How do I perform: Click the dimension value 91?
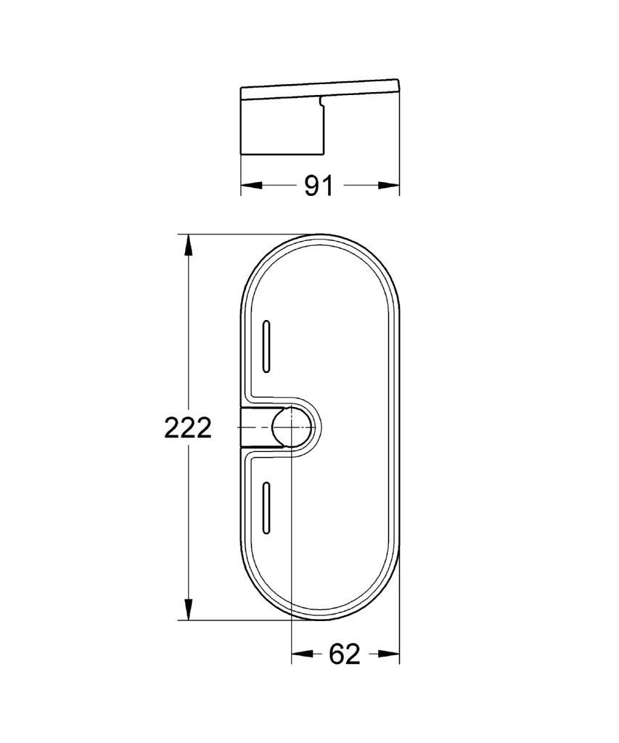(x=318, y=186)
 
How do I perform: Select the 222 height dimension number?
(x=188, y=428)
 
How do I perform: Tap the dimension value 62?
(x=345, y=654)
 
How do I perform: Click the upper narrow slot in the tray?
(x=266, y=347)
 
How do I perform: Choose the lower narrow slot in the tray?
(x=266, y=508)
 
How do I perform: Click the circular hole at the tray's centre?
(x=290, y=427)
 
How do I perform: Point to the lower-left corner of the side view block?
(x=242, y=153)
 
